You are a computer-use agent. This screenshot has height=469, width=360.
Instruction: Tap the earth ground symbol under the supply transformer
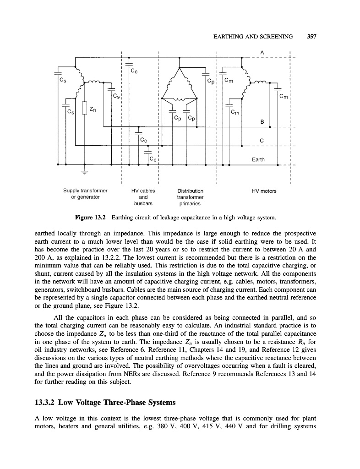pyautogui.click(x=84, y=172)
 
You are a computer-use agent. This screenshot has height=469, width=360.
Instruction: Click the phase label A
pyautogui.click(x=262, y=52)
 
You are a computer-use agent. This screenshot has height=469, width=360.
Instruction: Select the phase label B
pyautogui.click(x=262, y=121)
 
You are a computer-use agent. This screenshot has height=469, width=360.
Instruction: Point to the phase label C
pyautogui.click(x=261, y=141)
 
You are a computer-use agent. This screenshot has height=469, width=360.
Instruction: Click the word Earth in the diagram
pyautogui.click(x=259, y=159)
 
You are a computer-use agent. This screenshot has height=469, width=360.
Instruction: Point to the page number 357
pyautogui.click(x=312, y=37)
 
